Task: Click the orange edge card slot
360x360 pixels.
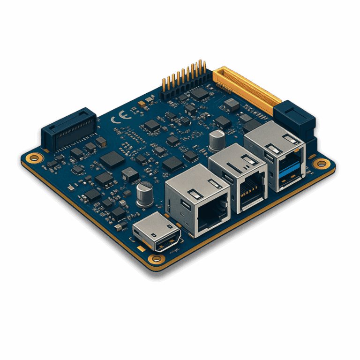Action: click(x=247, y=90)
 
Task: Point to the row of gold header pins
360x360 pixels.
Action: click(x=184, y=75)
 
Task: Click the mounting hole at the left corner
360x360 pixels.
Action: click(x=34, y=158)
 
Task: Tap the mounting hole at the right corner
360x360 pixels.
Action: click(x=321, y=164)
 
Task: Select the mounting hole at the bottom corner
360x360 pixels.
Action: click(x=157, y=259)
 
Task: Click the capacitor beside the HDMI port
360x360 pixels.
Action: click(x=145, y=194)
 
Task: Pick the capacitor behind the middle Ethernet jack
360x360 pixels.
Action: click(x=217, y=141)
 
